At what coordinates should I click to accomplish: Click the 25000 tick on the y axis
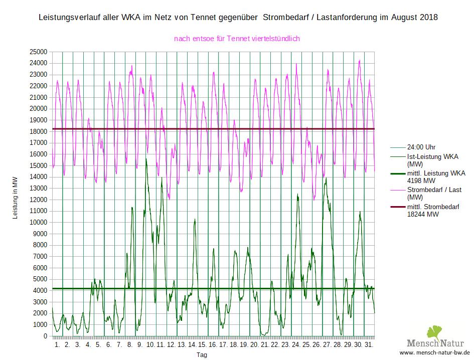(39, 52)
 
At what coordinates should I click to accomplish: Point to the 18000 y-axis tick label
(39, 131)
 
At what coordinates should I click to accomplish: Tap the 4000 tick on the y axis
(40, 290)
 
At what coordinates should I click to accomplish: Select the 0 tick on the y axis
(45, 336)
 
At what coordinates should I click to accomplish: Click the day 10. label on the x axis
(150, 345)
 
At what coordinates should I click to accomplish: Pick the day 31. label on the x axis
(369, 345)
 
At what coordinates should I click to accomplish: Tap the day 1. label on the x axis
(57, 345)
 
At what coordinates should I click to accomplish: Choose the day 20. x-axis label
(254, 345)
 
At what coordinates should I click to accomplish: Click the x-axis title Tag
(201, 355)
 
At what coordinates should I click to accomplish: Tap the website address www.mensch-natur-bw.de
(434, 353)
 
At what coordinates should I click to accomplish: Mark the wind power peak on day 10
(146, 159)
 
